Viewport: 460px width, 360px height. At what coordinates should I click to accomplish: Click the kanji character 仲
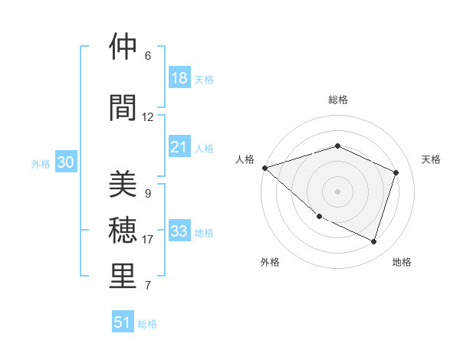[x=123, y=48]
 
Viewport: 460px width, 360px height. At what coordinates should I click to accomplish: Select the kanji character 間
[x=123, y=108]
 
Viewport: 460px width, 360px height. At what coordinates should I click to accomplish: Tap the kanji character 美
[x=123, y=185]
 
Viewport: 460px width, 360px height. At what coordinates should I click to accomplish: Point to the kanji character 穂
[x=123, y=231]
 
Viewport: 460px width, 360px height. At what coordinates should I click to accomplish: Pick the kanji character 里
[x=123, y=277]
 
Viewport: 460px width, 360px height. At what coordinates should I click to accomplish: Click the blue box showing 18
[x=179, y=78]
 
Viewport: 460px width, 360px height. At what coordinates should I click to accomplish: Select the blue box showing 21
[x=179, y=147]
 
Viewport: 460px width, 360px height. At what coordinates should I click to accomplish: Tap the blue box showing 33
[x=179, y=231]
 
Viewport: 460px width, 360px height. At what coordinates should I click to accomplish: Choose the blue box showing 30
[x=66, y=162]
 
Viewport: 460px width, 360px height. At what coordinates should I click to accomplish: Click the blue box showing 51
[x=123, y=322]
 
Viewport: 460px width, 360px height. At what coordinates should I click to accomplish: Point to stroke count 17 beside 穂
[x=148, y=240]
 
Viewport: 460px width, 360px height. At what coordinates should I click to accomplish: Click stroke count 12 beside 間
[x=148, y=117]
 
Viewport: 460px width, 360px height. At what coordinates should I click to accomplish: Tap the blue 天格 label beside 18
[x=203, y=79]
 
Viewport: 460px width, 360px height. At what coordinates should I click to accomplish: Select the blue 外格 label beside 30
[x=41, y=163]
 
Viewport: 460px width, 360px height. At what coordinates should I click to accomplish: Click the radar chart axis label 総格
[x=338, y=100]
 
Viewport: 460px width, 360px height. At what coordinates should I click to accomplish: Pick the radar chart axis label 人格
[x=245, y=159]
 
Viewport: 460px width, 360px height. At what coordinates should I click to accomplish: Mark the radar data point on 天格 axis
[x=396, y=172]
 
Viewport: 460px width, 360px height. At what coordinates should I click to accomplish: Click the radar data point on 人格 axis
[x=264, y=168]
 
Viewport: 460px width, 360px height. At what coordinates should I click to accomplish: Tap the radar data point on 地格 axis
[x=374, y=242]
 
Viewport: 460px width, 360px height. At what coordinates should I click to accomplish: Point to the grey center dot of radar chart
[x=338, y=191]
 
